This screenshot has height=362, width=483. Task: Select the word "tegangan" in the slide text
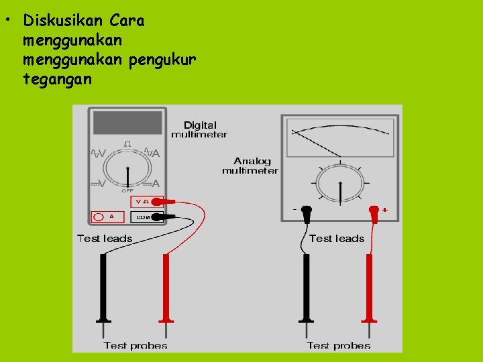[x=57, y=79]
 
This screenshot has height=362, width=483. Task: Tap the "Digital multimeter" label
[x=199, y=129]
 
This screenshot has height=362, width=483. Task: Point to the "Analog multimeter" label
[x=250, y=166]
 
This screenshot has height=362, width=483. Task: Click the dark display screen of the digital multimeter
[x=127, y=123]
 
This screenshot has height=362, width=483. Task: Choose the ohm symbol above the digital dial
[x=127, y=143]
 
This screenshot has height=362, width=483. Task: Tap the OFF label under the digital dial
[x=127, y=190]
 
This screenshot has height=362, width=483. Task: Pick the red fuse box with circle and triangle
[x=107, y=217]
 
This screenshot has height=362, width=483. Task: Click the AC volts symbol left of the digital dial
[x=99, y=153]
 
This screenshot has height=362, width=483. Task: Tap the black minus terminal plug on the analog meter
[x=307, y=213]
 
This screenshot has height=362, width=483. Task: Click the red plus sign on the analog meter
[x=385, y=210]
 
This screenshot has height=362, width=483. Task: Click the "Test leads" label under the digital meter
[x=105, y=238]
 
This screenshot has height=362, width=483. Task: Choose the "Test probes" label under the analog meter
[x=338, y=345]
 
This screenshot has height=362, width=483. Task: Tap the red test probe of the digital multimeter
[x=165, y=288]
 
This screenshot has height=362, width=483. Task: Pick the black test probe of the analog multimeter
[x=307, y=288]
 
